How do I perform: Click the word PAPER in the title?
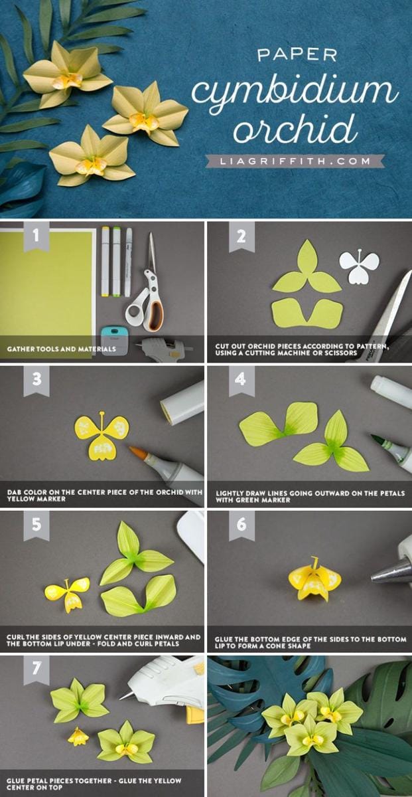297,55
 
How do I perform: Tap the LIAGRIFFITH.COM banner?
295,161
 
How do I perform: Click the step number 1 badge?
36,236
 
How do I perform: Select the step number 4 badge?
241,381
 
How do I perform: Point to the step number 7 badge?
36,669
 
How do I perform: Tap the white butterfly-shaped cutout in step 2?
359,267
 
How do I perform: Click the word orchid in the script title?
295,128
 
